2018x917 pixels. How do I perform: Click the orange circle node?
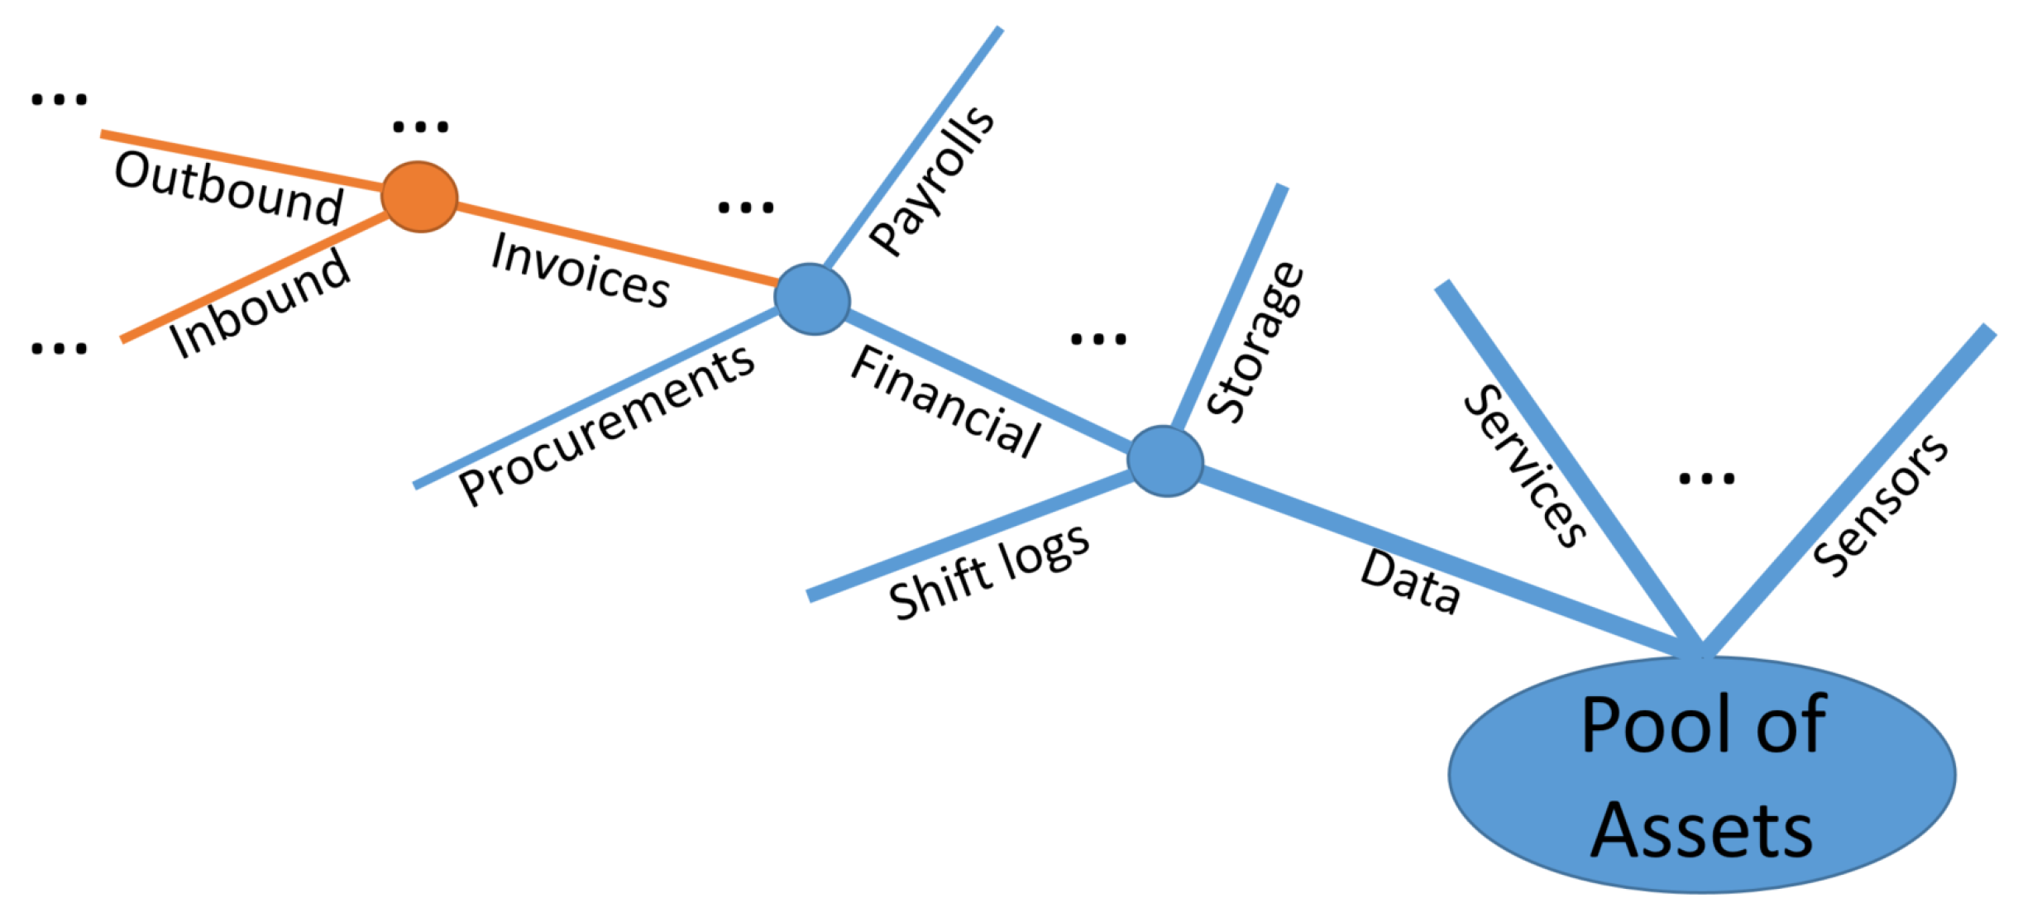click(419, 197)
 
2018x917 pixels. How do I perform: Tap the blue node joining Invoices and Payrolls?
click(811, 299)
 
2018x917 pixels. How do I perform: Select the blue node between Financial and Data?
click(1164, 461)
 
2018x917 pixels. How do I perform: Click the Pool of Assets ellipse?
click(1701, 774)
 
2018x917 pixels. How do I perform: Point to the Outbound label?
click(229, 188)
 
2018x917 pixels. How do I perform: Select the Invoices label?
click(580, 270)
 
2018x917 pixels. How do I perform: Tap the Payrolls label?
click(932, 180)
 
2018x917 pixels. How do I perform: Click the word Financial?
click(945, 401)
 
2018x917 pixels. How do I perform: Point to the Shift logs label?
click(989, 572)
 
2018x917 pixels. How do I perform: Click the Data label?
click(1410, 582)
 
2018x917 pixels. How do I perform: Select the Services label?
click(1524, 466)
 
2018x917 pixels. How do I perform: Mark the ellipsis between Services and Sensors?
click(1706, 478)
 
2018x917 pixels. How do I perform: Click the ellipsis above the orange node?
click(420, 127)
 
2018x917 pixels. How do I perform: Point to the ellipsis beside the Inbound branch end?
click(59, 348)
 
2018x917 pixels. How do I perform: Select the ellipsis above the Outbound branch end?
click(59, 100)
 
